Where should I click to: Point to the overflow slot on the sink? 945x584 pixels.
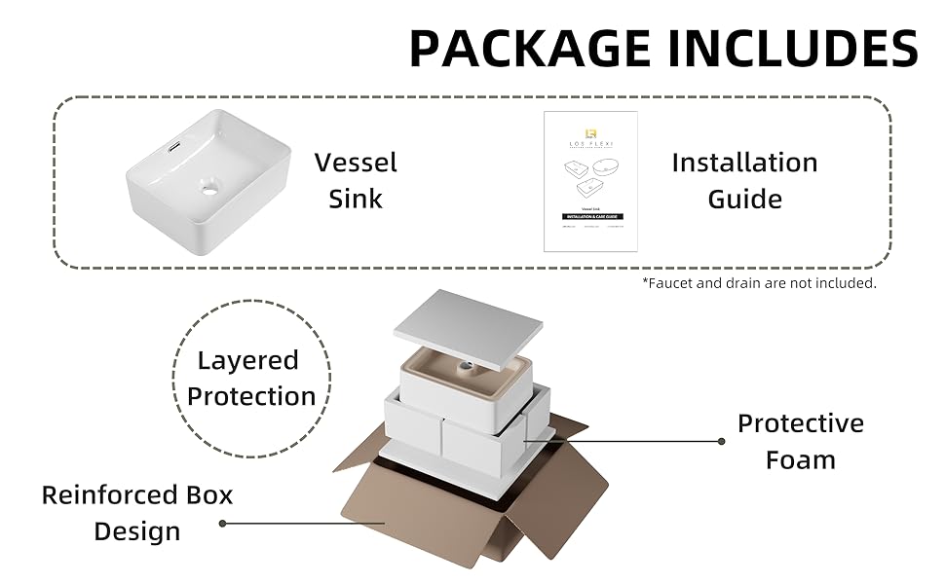click(174, 146)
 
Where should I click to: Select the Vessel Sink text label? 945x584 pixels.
click(356, 180)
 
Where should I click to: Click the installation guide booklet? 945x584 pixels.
click(589, 181)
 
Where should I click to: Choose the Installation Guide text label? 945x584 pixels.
click(744, 180)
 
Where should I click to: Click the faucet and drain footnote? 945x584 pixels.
click(759, 283)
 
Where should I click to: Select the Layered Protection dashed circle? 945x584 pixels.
click(252, 379)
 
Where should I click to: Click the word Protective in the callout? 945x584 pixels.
click(800, 423)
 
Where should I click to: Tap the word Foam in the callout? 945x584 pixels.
click(800, 459)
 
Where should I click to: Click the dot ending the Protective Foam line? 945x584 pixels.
click(721, 441)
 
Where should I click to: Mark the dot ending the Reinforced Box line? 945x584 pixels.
click(222, 523)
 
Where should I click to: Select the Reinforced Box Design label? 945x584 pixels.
click(137, 513)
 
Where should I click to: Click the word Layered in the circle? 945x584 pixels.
click(247, 360)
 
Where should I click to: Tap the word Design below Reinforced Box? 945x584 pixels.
click(137, 531)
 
